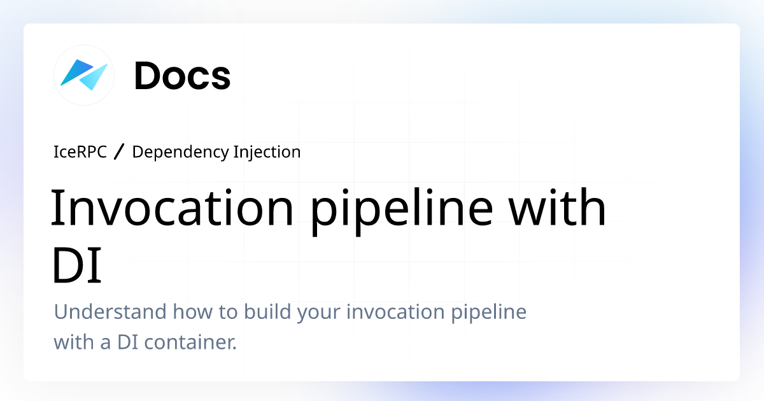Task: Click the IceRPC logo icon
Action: pyautogui.click(x=84, y=74)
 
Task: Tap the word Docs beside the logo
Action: pyautogui.click(x=182, y=76)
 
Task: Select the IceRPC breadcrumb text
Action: pyautogui.click(x=80, y=152)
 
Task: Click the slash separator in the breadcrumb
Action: pyautogui.click(x=120, y=152)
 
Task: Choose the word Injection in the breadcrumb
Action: pyautogui.click(x=267, y=152)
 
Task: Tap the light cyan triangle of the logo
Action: pyautogui.click(x=94, y=79)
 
